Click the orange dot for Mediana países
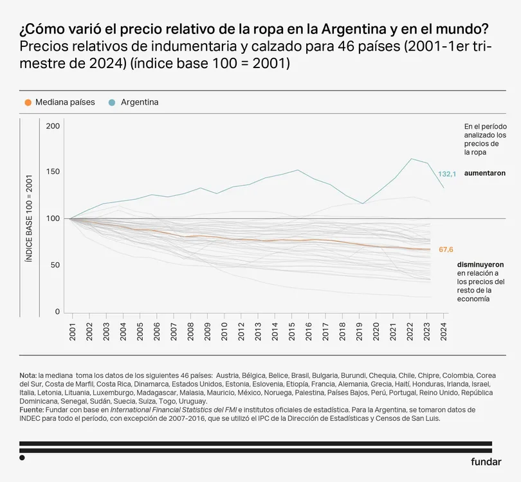[27, 102]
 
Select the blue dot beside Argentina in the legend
[113, 102]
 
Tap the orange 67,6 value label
[447, 249]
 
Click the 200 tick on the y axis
[53, 126]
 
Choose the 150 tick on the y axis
[53, 172]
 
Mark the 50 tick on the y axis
[55, 265]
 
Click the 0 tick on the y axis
[57, 312]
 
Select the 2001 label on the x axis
[73, 332]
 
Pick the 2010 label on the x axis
[224, 332]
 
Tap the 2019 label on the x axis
[360, 332]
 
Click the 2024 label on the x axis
[443, 332]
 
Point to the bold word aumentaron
[485, 174]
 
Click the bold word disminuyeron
[480, 264]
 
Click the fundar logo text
[486, 461]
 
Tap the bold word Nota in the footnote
[28, 375]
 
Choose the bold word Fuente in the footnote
[32, 409]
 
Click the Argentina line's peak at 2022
[410, 159]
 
